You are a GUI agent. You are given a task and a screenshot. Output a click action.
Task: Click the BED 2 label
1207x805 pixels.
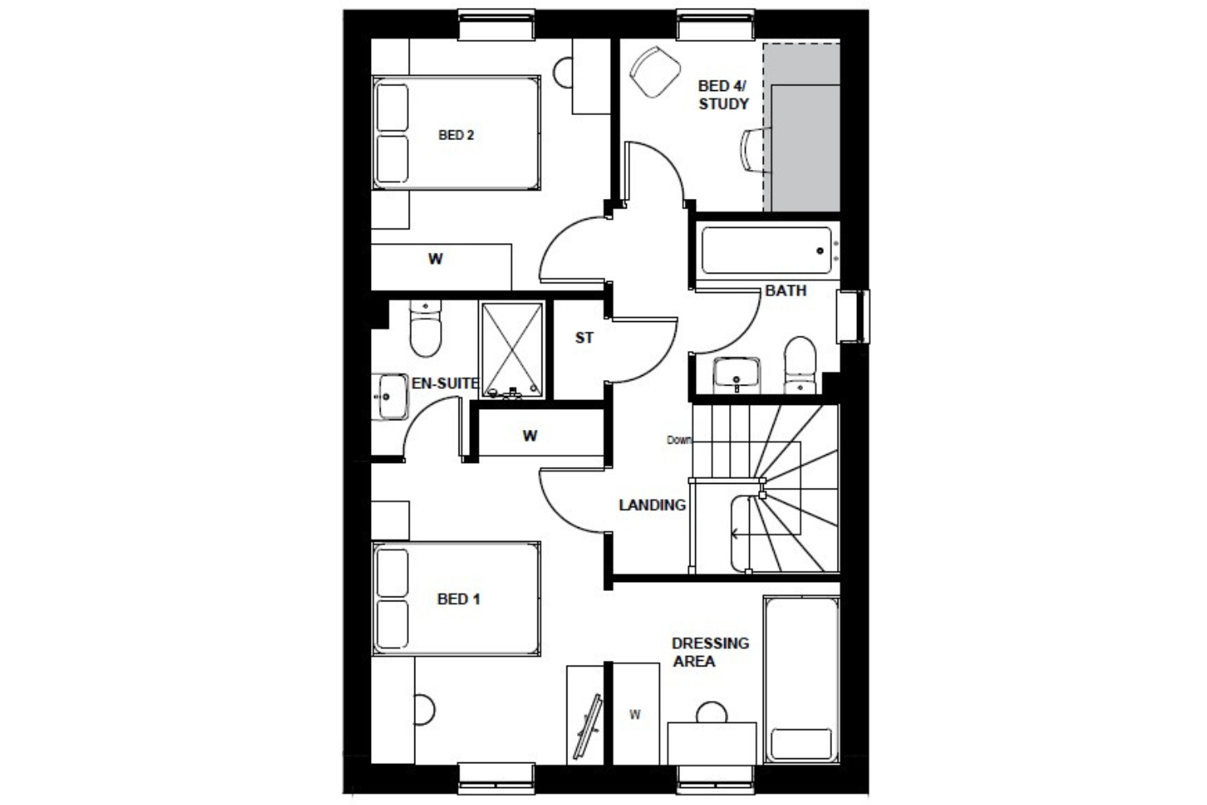456,134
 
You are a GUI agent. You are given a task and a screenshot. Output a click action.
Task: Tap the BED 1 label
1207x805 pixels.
459,599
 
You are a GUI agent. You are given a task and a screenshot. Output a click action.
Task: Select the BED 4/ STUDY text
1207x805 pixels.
723,94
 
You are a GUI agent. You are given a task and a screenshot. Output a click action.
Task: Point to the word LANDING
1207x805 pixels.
652,506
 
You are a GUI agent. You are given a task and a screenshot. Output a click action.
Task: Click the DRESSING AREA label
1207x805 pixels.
711,652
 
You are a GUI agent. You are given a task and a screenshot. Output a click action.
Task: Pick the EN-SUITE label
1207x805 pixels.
445,383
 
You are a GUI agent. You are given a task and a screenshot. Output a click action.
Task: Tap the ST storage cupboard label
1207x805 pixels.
584,337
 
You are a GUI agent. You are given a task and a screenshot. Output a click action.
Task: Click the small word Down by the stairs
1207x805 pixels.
679,440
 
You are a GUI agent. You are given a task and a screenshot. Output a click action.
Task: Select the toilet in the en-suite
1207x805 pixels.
426,328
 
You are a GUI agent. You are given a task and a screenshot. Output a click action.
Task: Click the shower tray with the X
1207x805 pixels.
512,350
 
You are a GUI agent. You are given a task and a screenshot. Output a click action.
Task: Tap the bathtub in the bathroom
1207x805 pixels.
767,250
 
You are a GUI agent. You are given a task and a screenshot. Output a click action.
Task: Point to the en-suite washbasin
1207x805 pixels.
389,397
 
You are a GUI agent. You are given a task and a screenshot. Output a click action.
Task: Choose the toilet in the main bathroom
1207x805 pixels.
800,365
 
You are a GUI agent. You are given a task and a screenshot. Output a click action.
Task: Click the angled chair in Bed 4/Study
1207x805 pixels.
655,72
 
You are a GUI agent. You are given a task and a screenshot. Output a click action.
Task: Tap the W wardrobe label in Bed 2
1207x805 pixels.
435,259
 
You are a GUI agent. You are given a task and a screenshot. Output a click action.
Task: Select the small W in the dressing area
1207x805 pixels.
636,715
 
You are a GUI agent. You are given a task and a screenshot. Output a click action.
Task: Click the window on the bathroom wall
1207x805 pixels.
853,316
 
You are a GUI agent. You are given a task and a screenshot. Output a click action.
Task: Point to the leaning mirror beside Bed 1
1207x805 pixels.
587,727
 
